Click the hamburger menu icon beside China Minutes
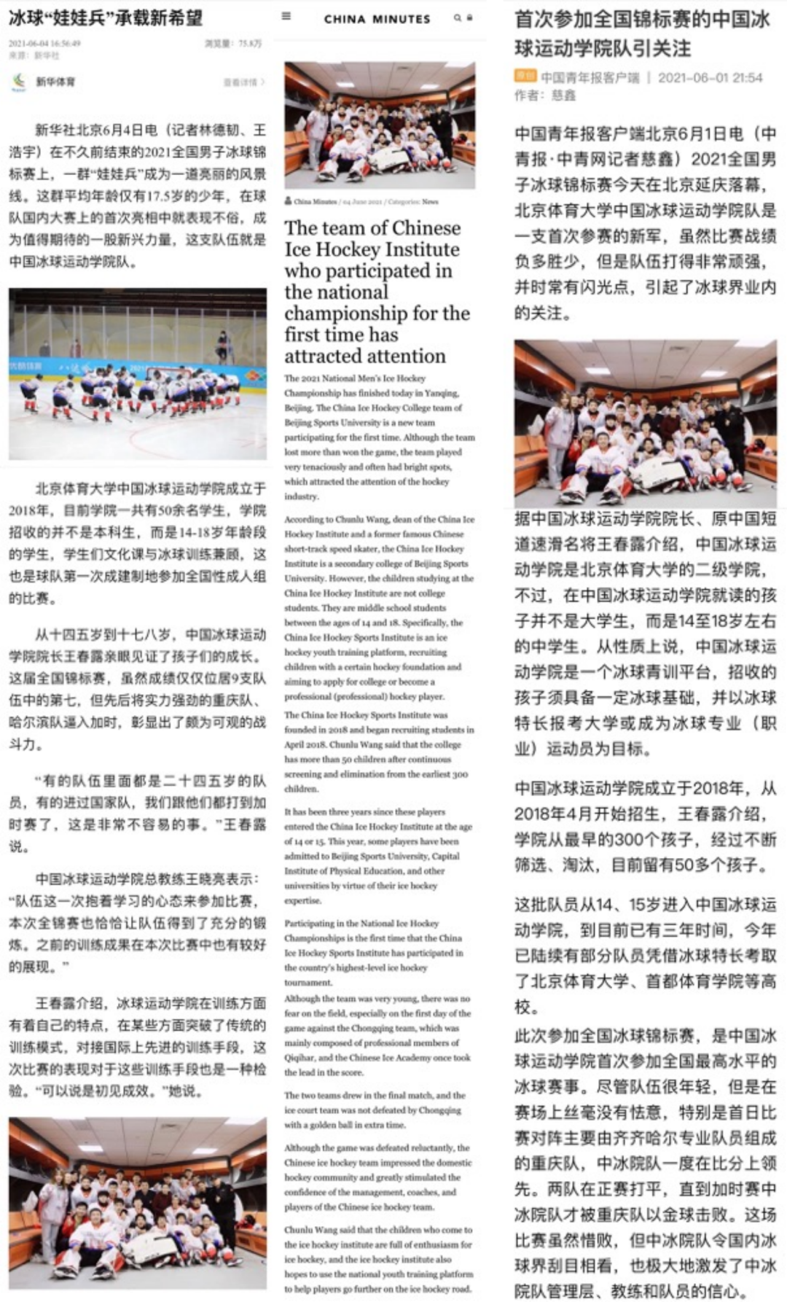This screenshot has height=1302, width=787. tap(286, 16)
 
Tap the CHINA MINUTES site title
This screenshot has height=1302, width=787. tap(377, 19)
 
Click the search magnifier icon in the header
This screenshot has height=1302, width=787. tap(457, 17)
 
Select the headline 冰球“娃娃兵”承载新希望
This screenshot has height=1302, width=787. tap(106, 17)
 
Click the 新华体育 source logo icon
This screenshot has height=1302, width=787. tap(19, 82)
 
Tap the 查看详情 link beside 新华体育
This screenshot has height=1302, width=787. tap(243, 82)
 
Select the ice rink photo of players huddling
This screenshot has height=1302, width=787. tap(137, 373)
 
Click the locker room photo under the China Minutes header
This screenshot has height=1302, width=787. tap(380, 125)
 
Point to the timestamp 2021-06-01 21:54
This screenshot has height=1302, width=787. tap(710, 77)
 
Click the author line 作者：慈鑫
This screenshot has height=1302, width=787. tap(544, 95)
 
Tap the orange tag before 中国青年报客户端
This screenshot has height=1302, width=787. tap(525, 77)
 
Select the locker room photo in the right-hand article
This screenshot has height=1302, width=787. tap(645, 423)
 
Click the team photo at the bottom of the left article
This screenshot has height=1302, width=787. tap(137, 1202)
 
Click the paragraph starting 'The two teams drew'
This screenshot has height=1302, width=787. tap(375, 1110)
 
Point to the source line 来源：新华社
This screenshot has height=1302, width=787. tap(34, 55)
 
